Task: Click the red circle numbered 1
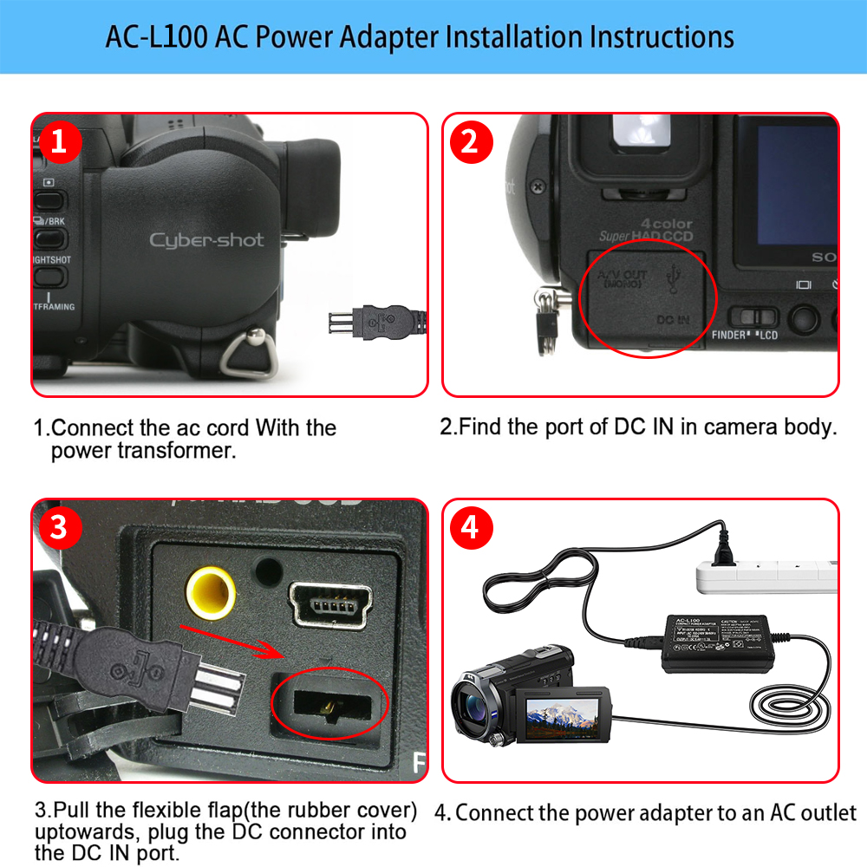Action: click(59, 141)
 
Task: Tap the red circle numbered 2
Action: click(469, 141)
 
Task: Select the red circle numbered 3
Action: click(59, 528)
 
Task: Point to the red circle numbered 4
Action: click(469, 528)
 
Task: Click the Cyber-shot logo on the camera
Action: click(206, 240)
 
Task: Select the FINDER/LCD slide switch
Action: click(748, 317)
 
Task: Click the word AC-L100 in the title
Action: click(157, 37)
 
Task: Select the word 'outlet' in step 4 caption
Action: click(825, 812)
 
